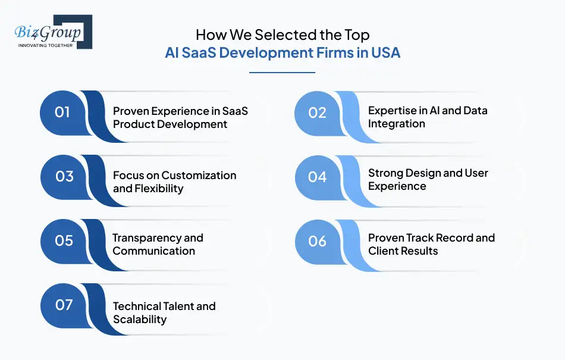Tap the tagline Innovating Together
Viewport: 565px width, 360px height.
pos(45,45)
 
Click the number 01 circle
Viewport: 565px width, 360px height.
pos(62,112)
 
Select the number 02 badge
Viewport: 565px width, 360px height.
pos(318,112)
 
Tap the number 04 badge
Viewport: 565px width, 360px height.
pos(318,177)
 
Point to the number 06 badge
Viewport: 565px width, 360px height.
pos(318,241)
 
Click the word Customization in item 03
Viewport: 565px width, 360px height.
pos(199,176)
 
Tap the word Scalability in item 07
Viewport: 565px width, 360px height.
pos(140,319)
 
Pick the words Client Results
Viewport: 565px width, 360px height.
pos(403,251)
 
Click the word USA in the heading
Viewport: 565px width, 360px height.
pos(385,53)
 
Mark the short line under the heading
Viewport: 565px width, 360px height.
pos(282,73)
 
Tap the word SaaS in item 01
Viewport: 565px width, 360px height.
pos(234,111)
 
